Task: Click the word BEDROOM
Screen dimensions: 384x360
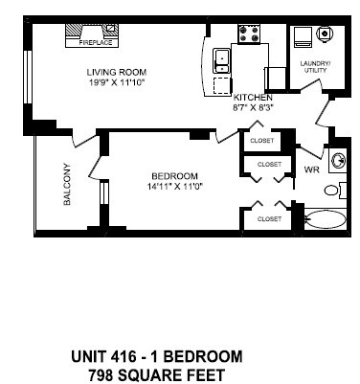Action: click(x=174, y=175)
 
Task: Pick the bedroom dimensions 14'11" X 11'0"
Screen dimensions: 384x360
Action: click(x=174, y=186)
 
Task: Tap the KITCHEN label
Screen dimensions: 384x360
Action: click(x=254, y=98)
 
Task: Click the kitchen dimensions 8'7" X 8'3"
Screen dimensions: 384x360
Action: click(x=254, y=108)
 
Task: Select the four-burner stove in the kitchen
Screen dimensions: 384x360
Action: click(x=251, y=34)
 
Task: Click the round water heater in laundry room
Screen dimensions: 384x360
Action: click(x=325, y=34)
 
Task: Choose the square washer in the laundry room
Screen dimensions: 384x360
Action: click(x=304, y=36)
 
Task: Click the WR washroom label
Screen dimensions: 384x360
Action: click(x=311, y=169)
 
